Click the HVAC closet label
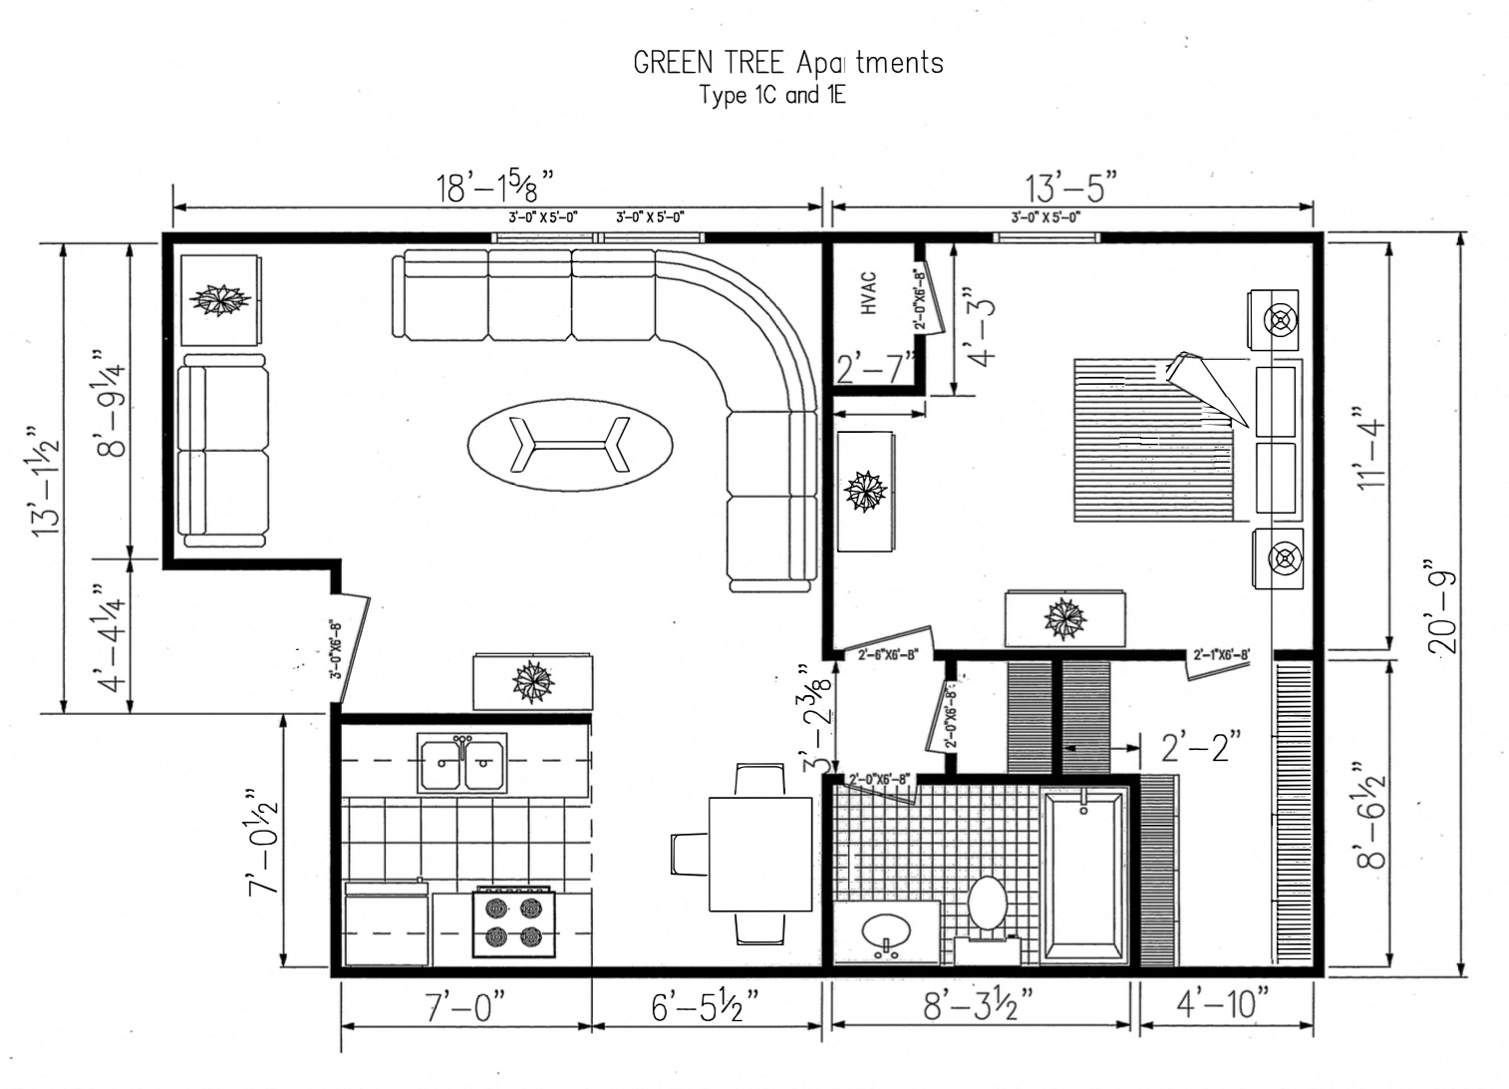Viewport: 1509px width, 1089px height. click(x=868, y=293)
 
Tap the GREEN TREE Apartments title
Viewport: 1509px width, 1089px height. click(x=787, y=63)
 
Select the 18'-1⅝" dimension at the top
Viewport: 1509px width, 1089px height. click(x=494, y=186)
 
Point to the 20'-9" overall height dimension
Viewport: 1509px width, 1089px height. click(x=1443, y=611)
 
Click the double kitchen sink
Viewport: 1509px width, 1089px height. click(x=462, y=763)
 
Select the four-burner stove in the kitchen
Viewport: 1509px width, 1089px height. click(x=513, y=921)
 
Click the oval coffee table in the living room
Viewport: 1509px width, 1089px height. click(x=570, y=444)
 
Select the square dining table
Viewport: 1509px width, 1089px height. click(x=760, y=854)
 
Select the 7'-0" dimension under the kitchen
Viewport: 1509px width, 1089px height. click(x=465, y=1005)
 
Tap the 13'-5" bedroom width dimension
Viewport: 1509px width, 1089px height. click(x=1070, y=186)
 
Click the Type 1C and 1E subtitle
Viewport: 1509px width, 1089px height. click(x=772, y=96)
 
